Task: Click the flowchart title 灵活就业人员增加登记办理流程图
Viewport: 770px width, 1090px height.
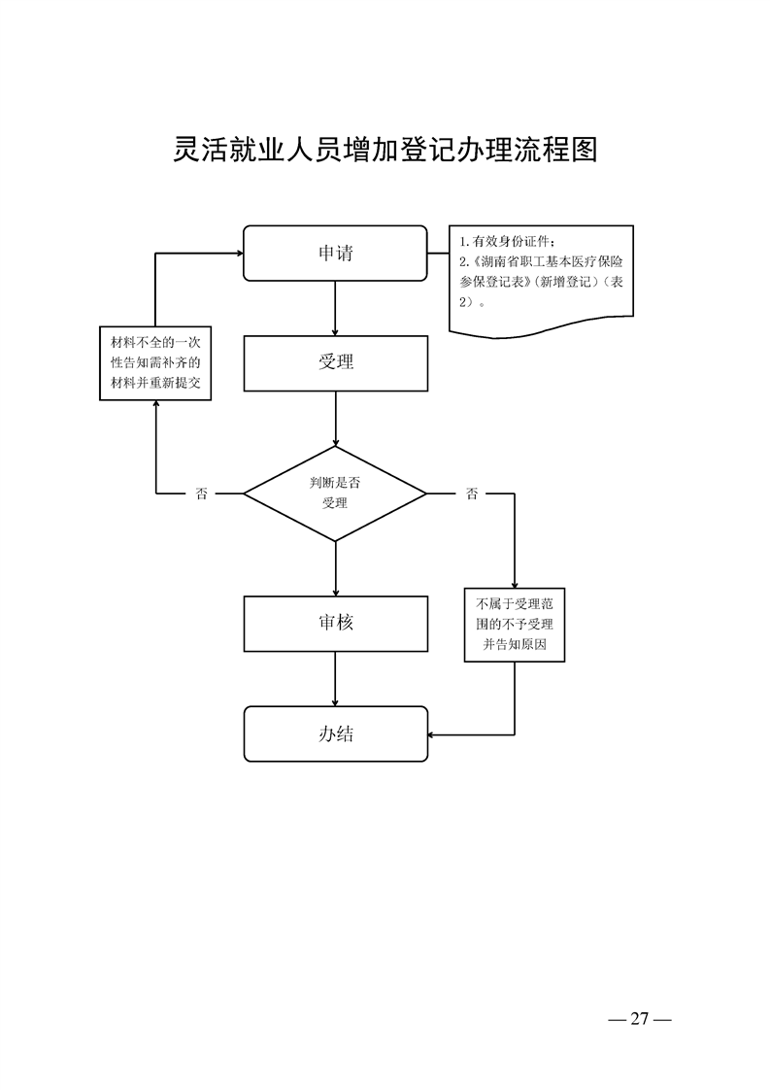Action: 385,150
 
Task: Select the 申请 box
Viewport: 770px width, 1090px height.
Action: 335,253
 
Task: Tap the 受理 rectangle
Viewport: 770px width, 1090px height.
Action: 335,362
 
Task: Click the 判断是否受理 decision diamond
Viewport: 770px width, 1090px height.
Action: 335,494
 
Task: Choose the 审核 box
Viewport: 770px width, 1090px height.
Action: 335,623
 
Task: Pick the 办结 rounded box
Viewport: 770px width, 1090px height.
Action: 335,733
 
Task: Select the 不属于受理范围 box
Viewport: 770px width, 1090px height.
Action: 514,625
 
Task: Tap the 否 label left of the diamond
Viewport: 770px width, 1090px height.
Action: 202,494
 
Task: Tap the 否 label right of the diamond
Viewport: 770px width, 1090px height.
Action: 472,494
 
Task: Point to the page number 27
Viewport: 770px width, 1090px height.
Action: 639,1019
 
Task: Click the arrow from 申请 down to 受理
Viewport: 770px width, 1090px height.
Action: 335,308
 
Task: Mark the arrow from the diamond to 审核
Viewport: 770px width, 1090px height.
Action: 335,568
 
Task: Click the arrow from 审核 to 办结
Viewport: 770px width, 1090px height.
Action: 335,678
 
